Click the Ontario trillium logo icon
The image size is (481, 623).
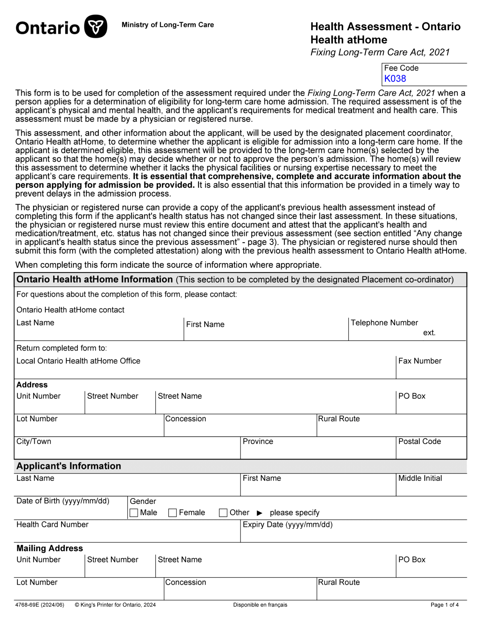(x=95, y=26)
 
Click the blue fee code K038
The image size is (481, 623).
(x=395, y=78)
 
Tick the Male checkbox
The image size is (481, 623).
(x=134, y=513)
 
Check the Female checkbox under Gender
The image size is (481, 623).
(x=172, y=513)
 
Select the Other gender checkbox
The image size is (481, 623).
(x=223, y=513)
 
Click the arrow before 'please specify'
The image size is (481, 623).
(x=259, y=513)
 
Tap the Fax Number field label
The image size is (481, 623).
(x=420, y=361)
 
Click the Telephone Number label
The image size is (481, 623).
(x=384, y=322)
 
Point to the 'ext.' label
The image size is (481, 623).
(x=429, y=332)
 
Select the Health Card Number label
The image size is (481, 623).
(x=52, y=524)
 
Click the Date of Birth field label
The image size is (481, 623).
(x=63, y=501)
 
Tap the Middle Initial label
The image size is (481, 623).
(x=420, y=478)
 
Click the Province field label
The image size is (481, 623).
(x=258, y=441)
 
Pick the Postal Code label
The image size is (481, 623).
(x=419, y=441)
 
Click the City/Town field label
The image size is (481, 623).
(x=34, y=441)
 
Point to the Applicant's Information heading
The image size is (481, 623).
(x=69, y=466)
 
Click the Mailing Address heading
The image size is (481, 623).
(x=50, y=548)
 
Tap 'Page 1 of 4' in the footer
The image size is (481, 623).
(x=445, y=605)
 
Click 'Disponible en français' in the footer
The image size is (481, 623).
(x=260, y=605)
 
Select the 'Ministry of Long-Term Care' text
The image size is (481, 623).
(x=168, y=25)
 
